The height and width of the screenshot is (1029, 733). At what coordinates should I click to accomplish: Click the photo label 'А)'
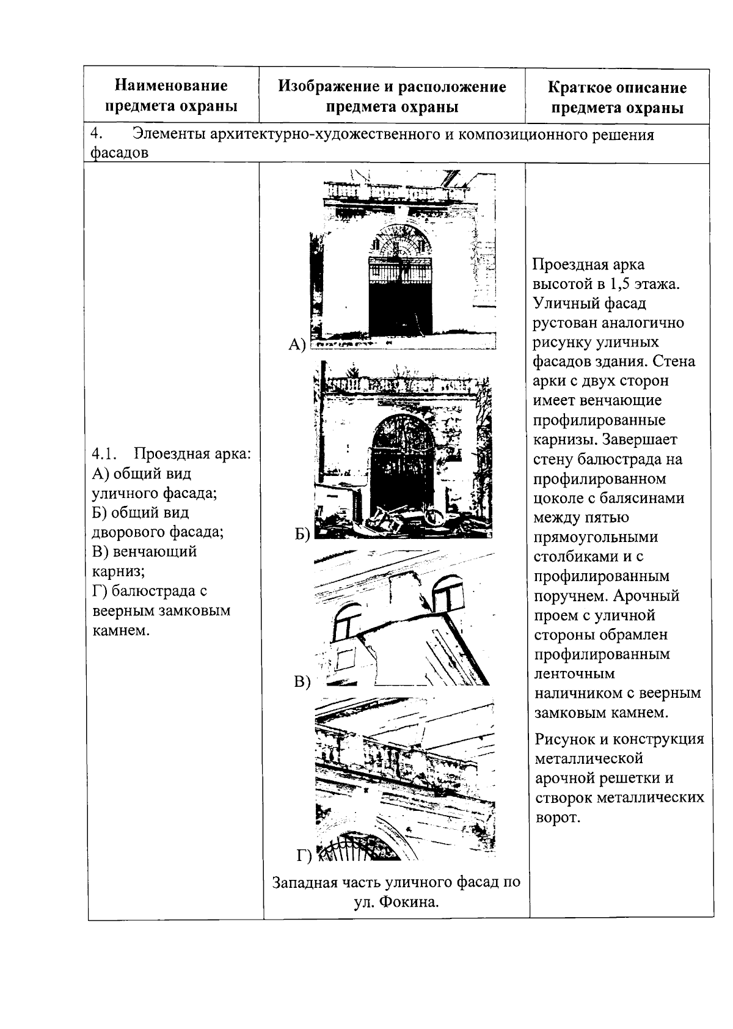tap(296, 345)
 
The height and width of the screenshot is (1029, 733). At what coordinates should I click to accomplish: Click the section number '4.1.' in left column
tap(104, 454)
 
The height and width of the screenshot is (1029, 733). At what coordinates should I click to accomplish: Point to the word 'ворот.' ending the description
tap(556, 818)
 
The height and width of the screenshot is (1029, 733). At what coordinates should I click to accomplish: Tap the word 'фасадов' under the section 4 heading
tap(119, 153)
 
